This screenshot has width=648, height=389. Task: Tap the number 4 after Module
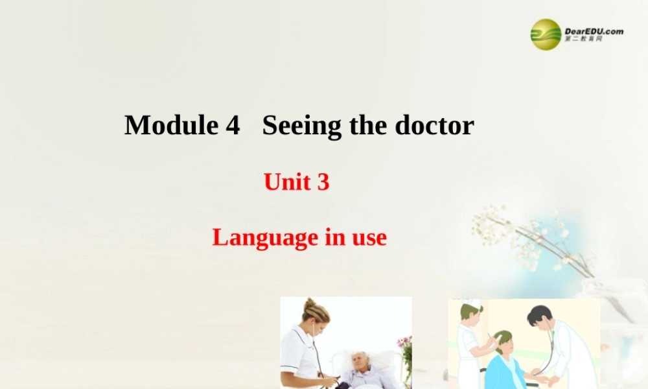233,124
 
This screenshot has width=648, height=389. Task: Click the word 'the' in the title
368,124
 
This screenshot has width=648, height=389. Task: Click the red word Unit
286,183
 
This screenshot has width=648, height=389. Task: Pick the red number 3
323,183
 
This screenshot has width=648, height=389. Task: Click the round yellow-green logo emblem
546,34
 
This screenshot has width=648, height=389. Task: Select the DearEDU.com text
594,30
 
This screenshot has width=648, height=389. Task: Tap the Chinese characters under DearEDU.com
583,40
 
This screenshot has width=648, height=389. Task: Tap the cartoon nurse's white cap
472,303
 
